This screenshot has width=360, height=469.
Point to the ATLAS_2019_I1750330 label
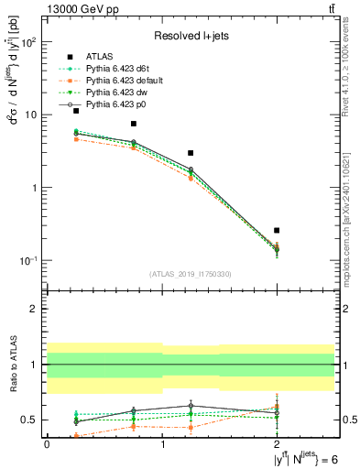[191, 274]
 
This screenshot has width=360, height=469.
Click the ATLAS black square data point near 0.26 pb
[277, 230]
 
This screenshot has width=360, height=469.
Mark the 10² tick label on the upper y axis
[29, 42]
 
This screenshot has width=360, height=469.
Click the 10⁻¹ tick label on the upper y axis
[29, 261]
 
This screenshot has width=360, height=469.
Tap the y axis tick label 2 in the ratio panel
[36, 309]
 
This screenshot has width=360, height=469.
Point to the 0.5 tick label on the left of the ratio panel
[32, 420]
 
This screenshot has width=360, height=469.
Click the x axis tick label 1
[162, 443]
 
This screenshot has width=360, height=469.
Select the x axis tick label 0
[47, 443]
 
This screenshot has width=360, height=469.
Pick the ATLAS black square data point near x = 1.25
[191, 153]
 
